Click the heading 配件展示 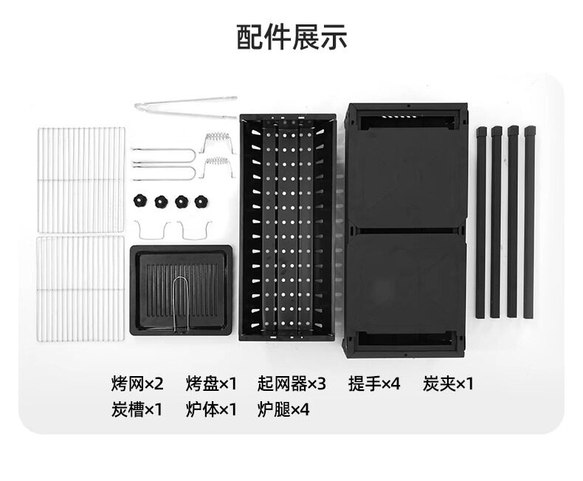point(291,36)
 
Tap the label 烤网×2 point(137,383)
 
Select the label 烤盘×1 point(212,383)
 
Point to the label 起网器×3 point(291,383)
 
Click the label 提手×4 point(374,383)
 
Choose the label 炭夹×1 point(449,383)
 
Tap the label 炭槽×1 point(137,409)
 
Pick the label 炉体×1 point(212,409)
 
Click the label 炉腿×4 point(284,409)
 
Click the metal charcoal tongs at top point(186,106)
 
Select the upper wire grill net point(80,180)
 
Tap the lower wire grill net point(80,288)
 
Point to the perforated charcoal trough point(286,226)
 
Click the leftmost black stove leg point(480,222)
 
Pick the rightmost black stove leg point(530,222)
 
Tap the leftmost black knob point(140,201)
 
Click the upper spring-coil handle point(216,140)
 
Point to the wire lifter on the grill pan point(181,303)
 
